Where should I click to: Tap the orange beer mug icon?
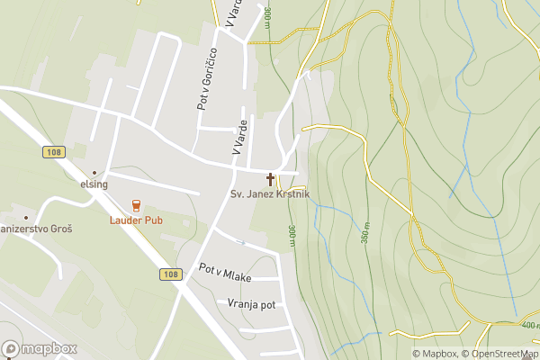pos(136,205)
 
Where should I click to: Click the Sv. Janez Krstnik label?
pos(269,193)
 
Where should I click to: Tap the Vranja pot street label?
pos(251,304)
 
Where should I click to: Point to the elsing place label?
pos(94,184)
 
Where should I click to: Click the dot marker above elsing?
pos(94,172)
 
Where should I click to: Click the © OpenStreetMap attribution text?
pos(499,354)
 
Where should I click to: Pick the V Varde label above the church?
pos(239,137)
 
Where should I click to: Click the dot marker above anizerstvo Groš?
pos(26,217)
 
